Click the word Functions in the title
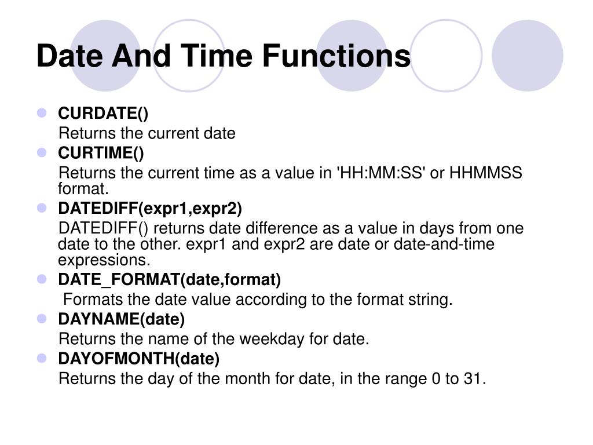[x=336, y=57]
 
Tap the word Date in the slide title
[x=70, y=57]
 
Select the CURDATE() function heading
[x=103, y=113]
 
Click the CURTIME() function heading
[x=101, y=153]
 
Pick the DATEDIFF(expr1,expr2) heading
[x=150, y=208]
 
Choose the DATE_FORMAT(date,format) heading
[x=169, y=280]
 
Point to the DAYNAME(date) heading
[x=121, y=319]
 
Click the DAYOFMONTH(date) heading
[x=138, y=359]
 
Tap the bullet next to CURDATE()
[x=42, y=113]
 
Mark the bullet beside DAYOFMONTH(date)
[x=42, y=359]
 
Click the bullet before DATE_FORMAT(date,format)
[x=42, y=279]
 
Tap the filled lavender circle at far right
[x=527, y=55]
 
